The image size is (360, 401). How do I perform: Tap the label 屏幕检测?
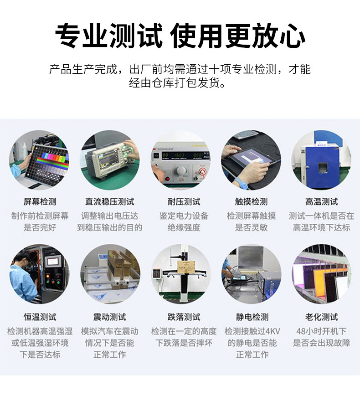(40, 201)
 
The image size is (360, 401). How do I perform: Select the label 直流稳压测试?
(110, 201)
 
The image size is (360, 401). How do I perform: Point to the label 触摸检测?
(251, 201)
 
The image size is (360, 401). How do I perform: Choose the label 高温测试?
(321, 201)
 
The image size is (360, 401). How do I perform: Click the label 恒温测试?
(40, 317)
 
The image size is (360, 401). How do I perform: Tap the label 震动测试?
(110, 317)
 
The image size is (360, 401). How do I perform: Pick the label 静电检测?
(251, 317)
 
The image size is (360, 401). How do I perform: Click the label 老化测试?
(321, 317)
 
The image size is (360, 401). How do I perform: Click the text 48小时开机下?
(321, 331)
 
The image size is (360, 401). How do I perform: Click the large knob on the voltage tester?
(182, 170)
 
